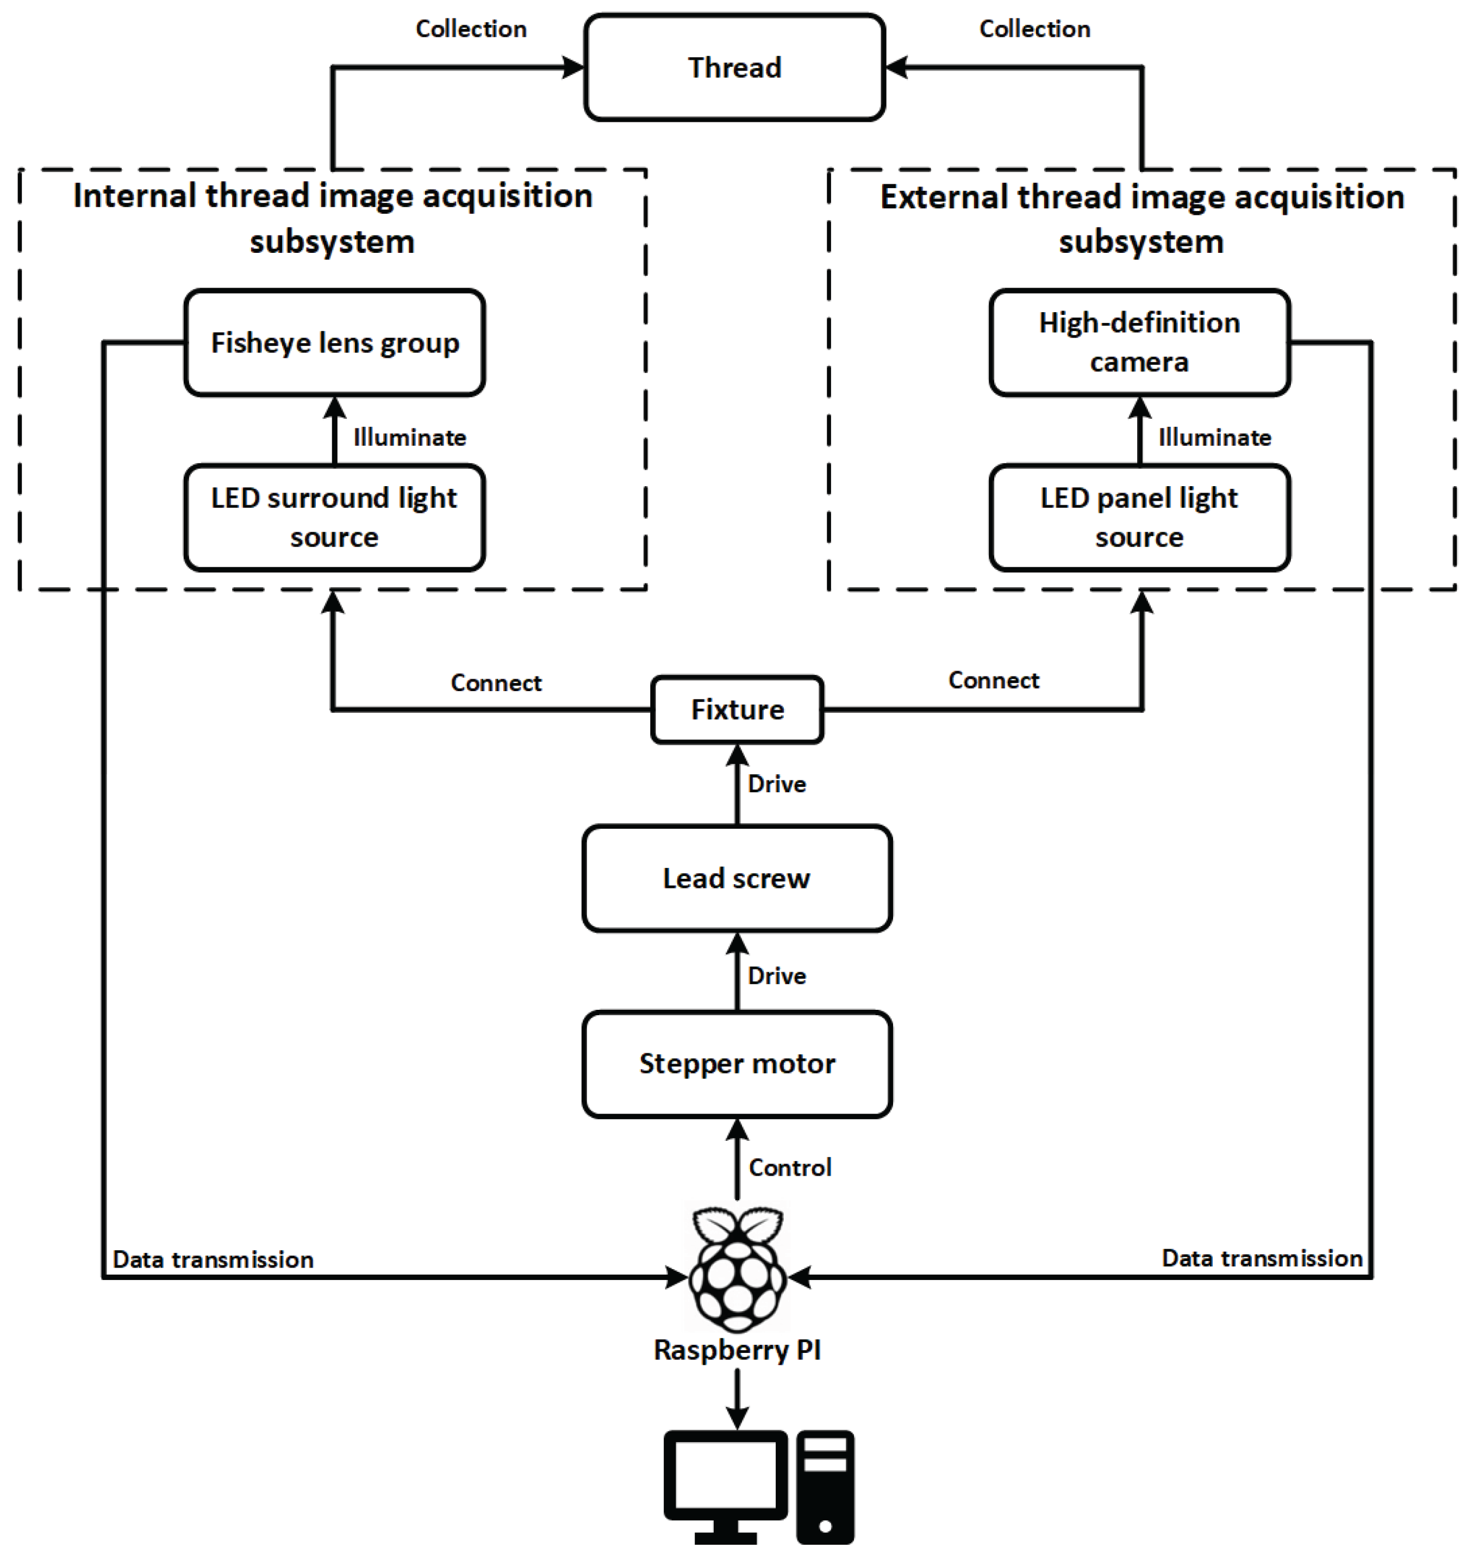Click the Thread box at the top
pos(734,67)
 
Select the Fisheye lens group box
pos(335,343)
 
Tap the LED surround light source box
pos(335,518)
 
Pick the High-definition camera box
pos(1139,343)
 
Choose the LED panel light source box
pos(1139,518)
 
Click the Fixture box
pos(737,710)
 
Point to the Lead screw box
pos(737,878)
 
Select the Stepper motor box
pos(737,1064)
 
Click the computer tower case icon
pos(825,1486)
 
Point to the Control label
pos(789,1167)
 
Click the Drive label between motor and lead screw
pos(776,976)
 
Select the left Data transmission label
pos(213,1259)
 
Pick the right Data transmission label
pos(1262,1258)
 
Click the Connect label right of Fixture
pos(993,680)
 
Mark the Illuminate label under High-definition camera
pos(1214,438)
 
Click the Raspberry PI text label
pos(737,1350)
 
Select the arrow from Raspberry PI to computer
pos(737,1400)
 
